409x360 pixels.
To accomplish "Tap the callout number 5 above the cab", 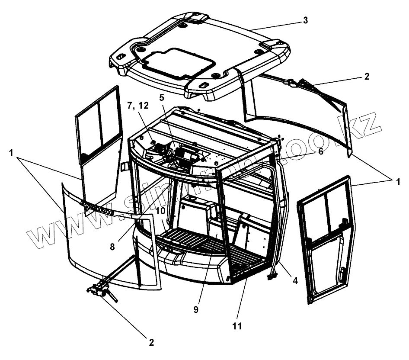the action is click(x=162, y=98).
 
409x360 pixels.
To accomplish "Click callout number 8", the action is click(x=112, y=247).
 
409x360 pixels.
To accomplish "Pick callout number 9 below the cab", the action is click(x=196, y=310).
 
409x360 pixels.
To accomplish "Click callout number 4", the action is click(x=295, y=280).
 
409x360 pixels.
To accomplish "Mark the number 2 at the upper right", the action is click(x=367, y=77).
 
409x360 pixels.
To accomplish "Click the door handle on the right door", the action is click(x=342, y=274).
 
